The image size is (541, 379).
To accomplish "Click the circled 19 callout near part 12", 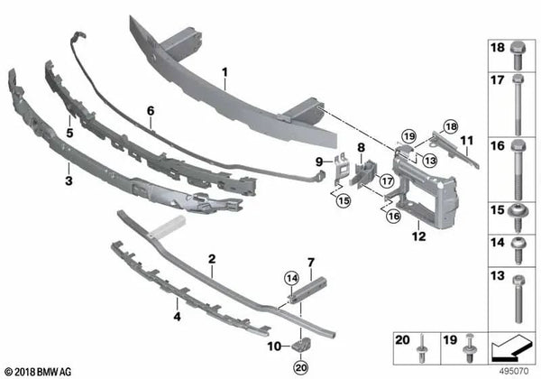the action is pyautogui.click(x=409, y=136).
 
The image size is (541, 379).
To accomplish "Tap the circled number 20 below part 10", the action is pyautogui.click(x=301, y=367).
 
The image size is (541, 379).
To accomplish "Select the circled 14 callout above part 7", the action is pyautogui.click(x=292, y=278).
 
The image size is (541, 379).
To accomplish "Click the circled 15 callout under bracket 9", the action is pyautogui.click(x=344, y=200).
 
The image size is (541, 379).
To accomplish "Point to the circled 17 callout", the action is pyautogui.click(x=387, y=181).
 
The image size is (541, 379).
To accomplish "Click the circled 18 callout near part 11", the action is pyautogui.click(x=451, y=127).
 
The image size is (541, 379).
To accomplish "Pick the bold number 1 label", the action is pyautogui.click(x=225, y=73).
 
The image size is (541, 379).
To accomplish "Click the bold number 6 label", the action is pyautogui.click(x=151, y=111).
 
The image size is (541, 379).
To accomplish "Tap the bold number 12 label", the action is pyautogui.click(x=418, y=236).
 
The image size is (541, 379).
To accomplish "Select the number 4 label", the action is pyautogui.click(x=177, y=316).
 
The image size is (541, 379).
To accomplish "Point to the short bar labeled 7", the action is pyautogui.click(x=308, y=290).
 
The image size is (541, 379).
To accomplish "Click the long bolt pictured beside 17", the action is pyautogui.click(x=518, y=105).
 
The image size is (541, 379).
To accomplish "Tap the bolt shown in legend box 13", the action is pyautogui.click(x=518, y=299).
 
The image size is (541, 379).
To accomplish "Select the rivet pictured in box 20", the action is pyautogui.click(x=422, y=348).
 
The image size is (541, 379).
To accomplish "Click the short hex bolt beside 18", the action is pyautogui.click(x=518, y=56).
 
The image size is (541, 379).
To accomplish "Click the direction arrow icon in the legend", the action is pyautogui.click(x=511, y=349).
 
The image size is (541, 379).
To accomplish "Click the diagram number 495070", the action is pyautogui.click(x=514, y=372).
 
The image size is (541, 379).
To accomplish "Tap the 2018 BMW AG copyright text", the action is pyautogui.click(x=38, y=372).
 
